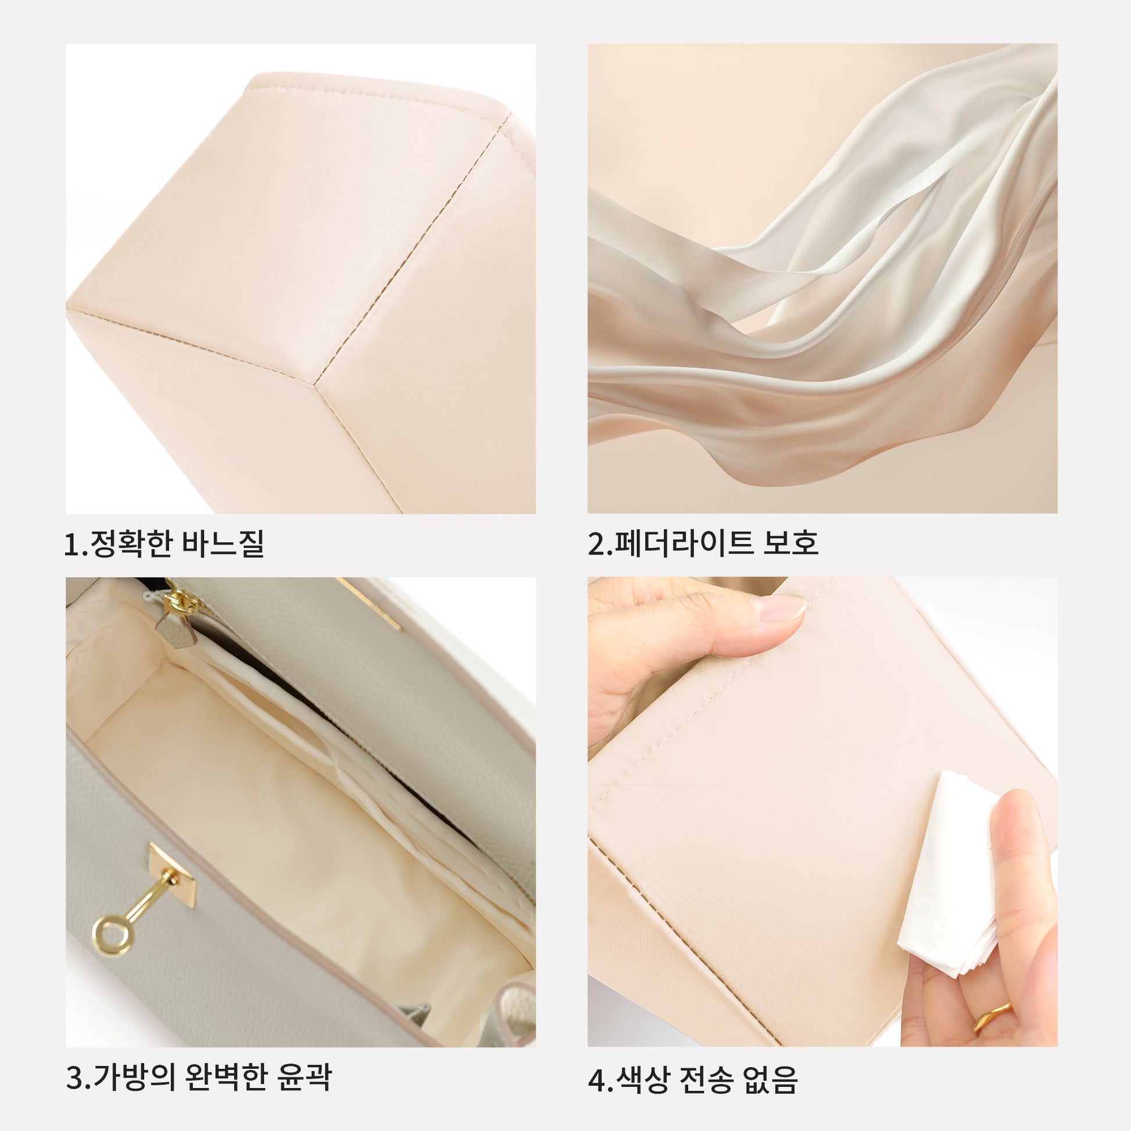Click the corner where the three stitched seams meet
click(x=316, y=385)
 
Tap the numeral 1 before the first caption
click(x=71, y=545)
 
